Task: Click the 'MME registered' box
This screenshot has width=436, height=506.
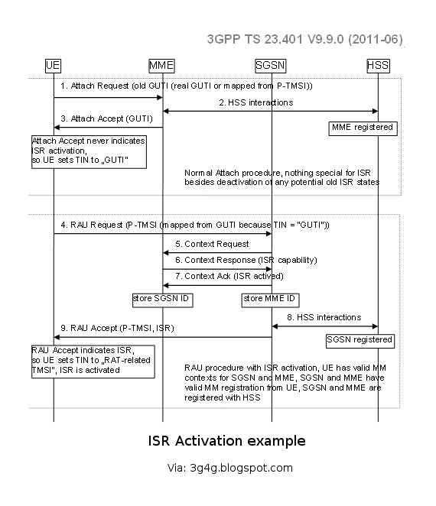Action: [363, 127]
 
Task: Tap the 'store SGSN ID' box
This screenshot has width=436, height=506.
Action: [161, 298]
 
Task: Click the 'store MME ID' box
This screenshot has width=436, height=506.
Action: [271, 298]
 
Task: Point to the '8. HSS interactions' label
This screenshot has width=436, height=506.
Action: [324, 316]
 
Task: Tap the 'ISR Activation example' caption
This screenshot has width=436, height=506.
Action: [226, 441]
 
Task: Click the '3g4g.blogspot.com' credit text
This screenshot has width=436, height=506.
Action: [229, 468]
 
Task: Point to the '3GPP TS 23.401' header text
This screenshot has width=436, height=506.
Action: [304, 38]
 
